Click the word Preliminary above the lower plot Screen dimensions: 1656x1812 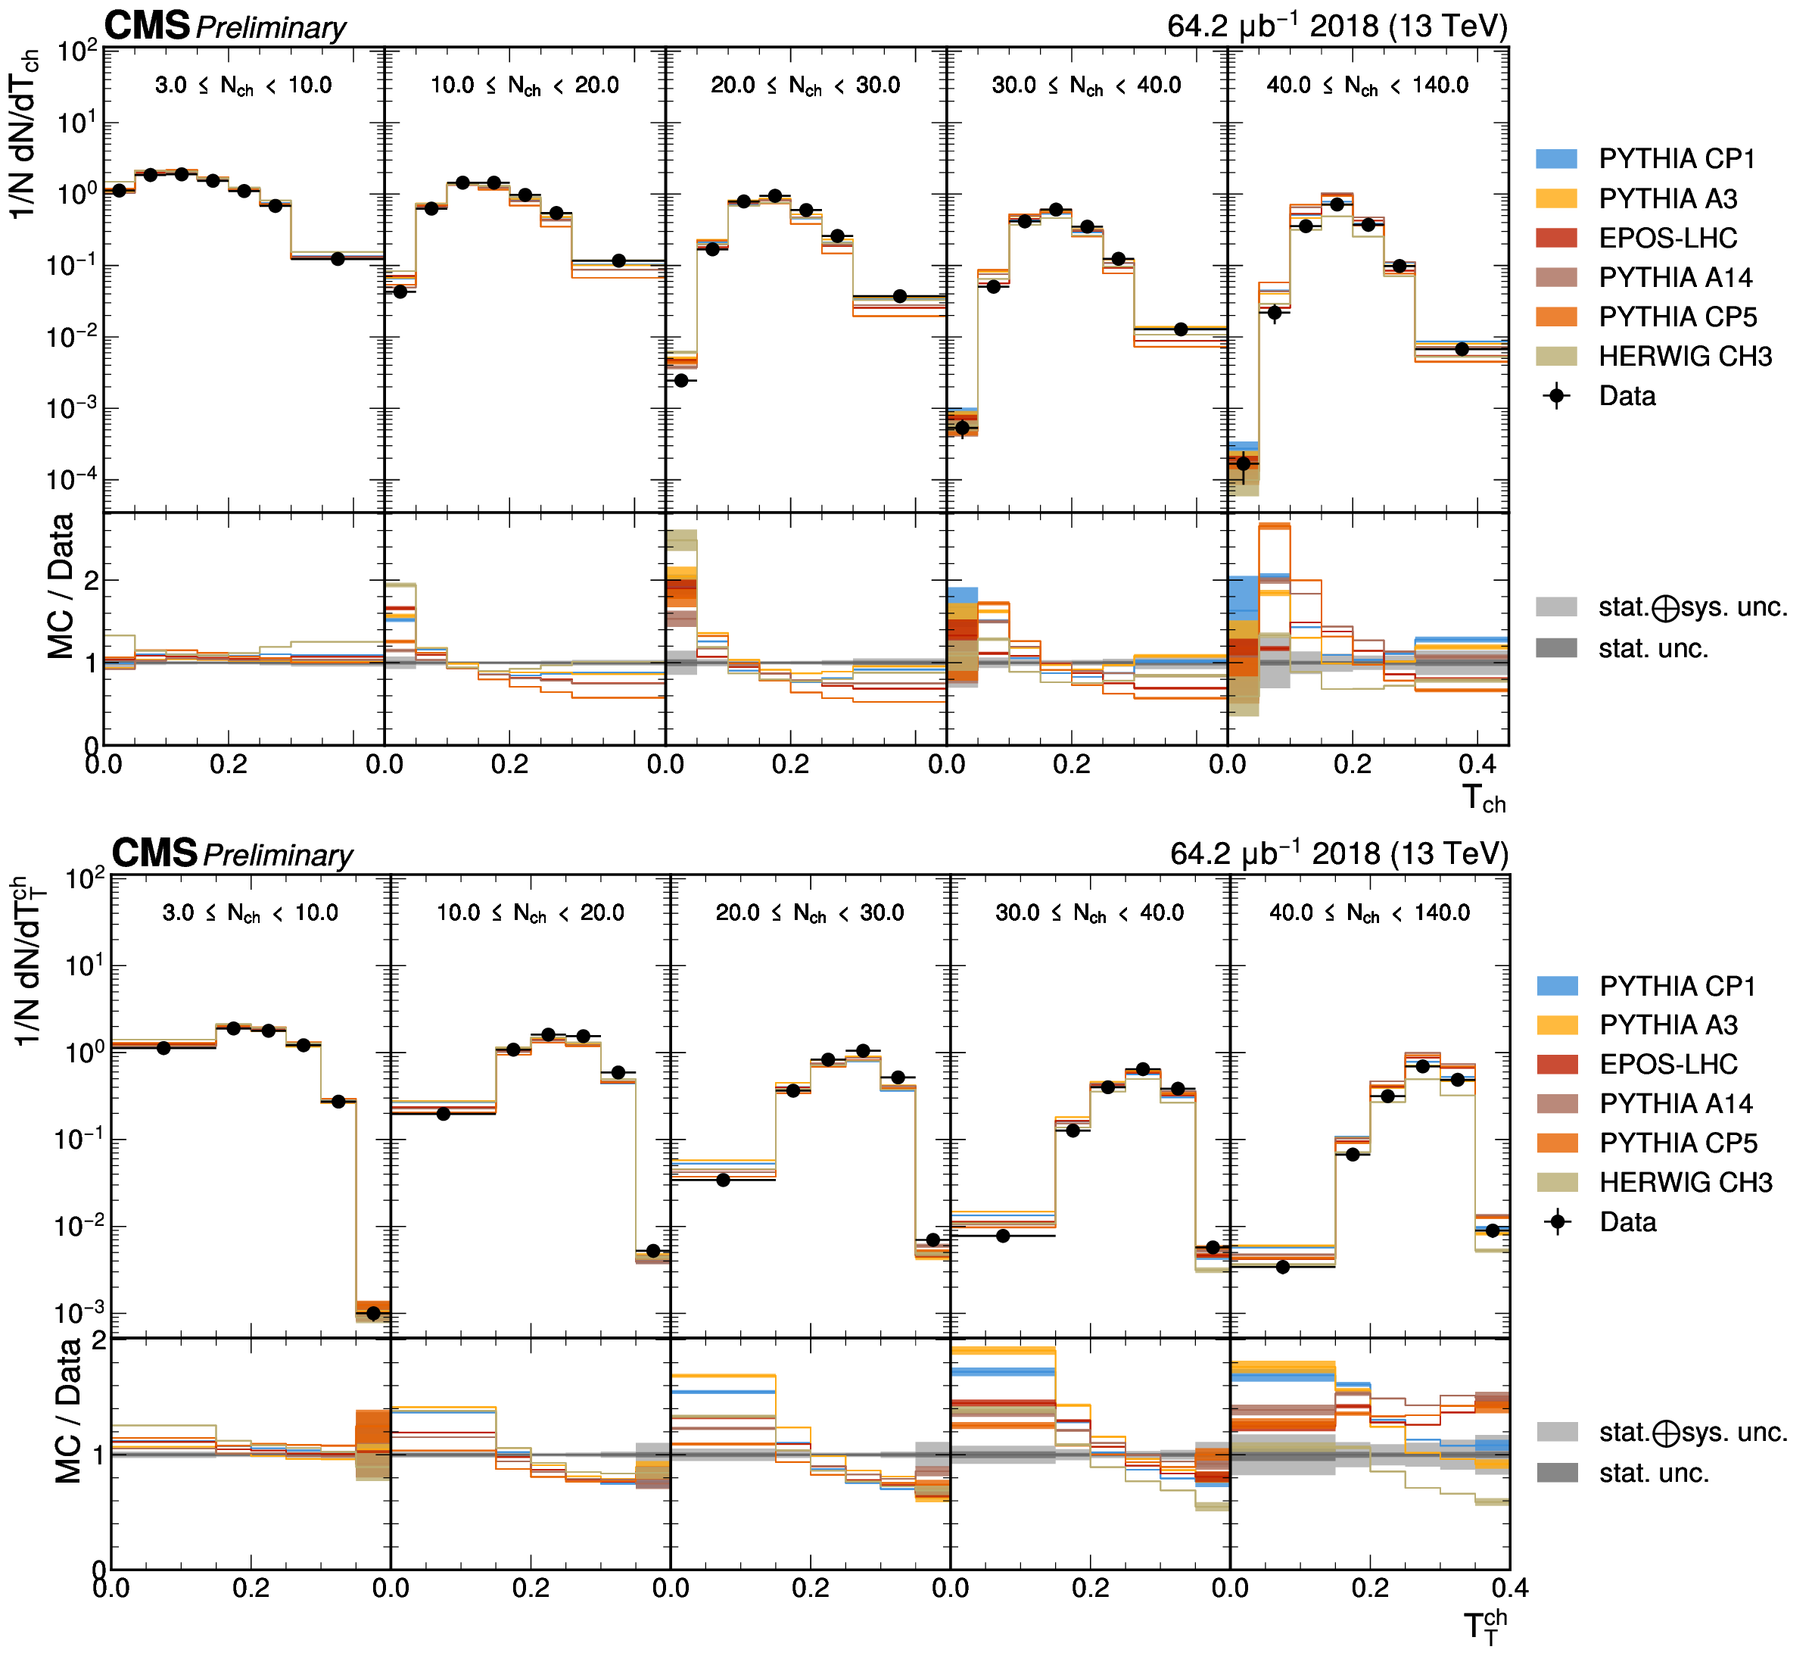pos(278,855)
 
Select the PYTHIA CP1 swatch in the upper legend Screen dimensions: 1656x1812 pos(1556,159)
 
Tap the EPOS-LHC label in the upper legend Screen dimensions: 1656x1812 pos(1667,239)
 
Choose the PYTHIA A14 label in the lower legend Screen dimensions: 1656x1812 pos(1676,1103)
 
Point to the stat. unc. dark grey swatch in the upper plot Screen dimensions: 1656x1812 pos(1556,648)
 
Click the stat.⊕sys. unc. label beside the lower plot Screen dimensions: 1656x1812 pos(1692,1431)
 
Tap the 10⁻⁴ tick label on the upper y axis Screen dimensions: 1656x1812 pos(70,480)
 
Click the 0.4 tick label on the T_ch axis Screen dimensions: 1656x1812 pos(1477,765)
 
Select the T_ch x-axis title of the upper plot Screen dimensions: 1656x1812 pos(1483,798)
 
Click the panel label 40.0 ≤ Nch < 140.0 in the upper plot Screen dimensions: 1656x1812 pos(1367,86)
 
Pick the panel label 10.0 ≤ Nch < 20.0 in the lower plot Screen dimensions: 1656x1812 pos(531,913)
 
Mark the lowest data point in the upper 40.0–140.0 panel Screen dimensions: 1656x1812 pos(1243,464)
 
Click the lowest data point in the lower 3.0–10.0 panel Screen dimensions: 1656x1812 pos(373,1314)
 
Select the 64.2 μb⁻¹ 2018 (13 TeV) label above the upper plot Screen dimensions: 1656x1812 pos(1337,25)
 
